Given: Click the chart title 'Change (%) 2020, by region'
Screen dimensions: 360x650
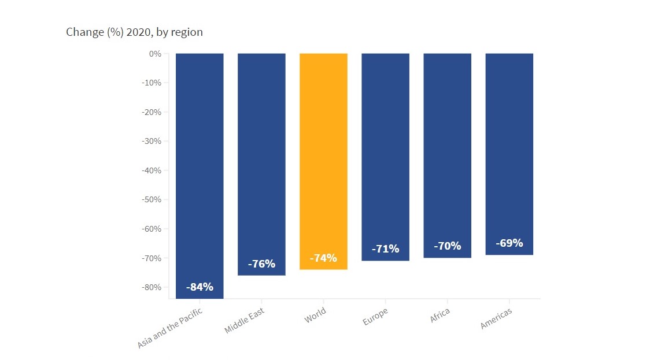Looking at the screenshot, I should point(134,32).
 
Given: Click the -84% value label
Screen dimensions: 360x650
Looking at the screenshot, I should point(200,287).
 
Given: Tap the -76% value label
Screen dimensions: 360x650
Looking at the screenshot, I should point(261,264).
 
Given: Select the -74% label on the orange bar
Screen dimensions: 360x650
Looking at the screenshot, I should point(323,258).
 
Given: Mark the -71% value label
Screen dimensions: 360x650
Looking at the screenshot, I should point(385,249).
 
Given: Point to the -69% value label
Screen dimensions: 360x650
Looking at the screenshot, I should point(509,243).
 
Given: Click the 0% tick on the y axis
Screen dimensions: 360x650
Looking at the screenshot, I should point(154,54).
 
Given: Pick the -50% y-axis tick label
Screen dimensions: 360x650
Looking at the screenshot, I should point(151,199).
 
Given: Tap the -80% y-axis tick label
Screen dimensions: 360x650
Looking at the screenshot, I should point(151,287).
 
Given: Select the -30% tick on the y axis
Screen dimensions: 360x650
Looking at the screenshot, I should point(151,141).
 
